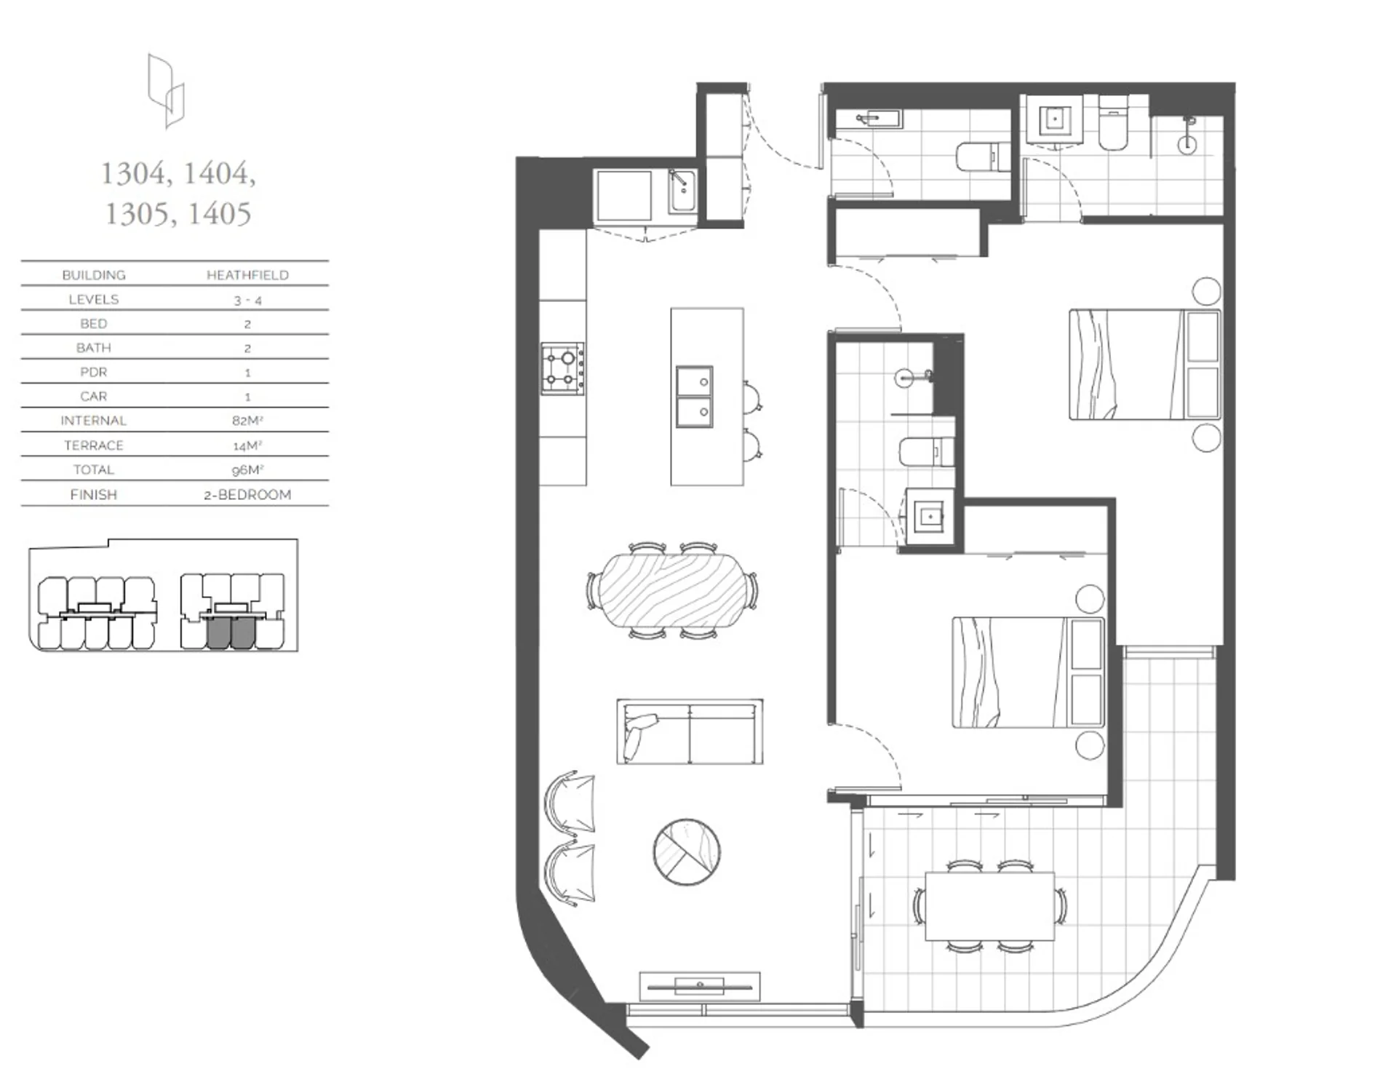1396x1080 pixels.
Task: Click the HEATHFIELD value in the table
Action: pyautogui.click(x=247, y=275)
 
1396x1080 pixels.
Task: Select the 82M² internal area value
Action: pyautogui.click(x=247, y=421)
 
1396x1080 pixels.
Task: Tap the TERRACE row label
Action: pyautogui.click(x=94, y=445)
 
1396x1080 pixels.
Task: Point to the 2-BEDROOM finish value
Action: pyautogui.click(x=247, y=495)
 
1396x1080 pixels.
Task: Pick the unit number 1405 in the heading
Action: pyautogui.click(x=219, y=214)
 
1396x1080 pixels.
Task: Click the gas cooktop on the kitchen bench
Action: pyautogui.click(x=562, y=369)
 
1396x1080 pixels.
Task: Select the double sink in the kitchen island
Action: pyautogui.click(x=694, y=397)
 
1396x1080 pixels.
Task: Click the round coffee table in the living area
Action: pyautogui.click(x=687, y=851)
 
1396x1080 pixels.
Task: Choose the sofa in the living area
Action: pyautogui.click(x=690, y=732)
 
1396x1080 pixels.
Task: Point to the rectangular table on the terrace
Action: pyautogui.click(x=989, y=906)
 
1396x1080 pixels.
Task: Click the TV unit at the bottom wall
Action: pyautogui.click(x=700, y=987)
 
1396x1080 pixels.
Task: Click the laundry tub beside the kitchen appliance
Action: pyautogui.click(x=682, y=191)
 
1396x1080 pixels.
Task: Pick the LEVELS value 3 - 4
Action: pyautogui.click(x=247, y=300)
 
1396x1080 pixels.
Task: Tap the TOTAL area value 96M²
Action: pyautogui.click(x=247, y=470)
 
